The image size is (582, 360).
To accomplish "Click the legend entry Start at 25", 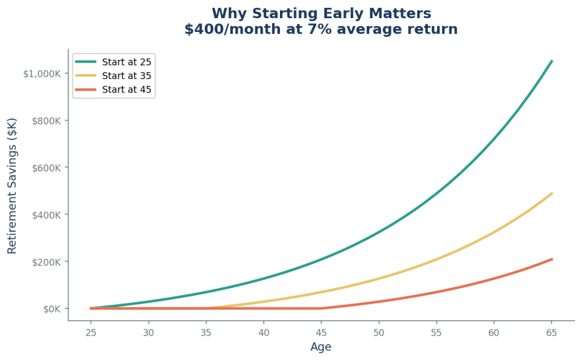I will pos(126,61).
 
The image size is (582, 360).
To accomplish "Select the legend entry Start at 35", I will pos(126,75).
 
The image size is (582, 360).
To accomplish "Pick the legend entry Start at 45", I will pos(126,89).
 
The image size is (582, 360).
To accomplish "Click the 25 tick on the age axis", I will pos(90,332).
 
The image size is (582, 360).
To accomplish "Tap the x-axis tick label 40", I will pos(263,332).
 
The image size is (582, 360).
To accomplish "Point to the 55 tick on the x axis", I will pos(436,332).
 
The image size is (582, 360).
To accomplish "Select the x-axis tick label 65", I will pos(552,332).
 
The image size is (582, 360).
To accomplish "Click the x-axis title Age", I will pos(321,347).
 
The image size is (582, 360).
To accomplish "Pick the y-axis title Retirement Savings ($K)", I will pos(12,185).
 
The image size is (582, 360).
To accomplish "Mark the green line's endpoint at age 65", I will pos(552,60).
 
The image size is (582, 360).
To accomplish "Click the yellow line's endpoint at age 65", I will pos(552,193).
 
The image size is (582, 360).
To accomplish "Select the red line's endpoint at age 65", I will pos(552,259).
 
